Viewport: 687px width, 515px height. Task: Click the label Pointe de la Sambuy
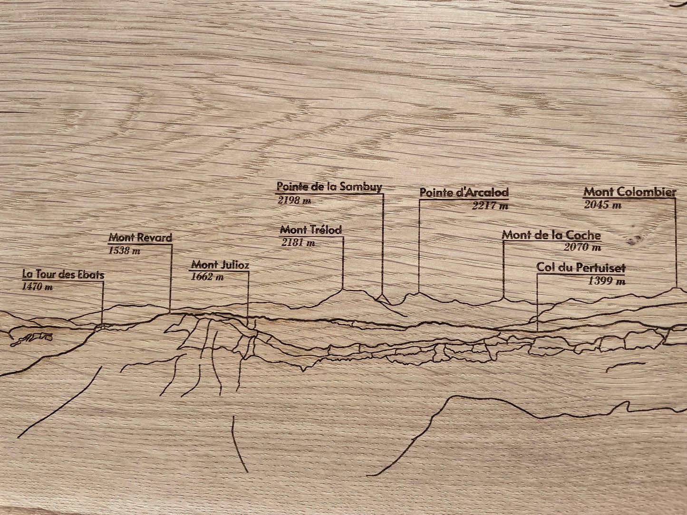(329, 187)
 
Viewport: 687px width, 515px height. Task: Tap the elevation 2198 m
(294, 200)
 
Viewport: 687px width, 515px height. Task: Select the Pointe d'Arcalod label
(464, 192)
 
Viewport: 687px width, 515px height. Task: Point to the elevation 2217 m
(490, 205)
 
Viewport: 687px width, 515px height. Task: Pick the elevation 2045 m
(602, 205)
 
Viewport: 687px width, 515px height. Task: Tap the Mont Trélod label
(311, 230)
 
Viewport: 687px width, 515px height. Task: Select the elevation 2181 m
(298, 243)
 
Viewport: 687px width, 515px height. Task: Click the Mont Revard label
(140, 238)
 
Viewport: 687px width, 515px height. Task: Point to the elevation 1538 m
(125, 250)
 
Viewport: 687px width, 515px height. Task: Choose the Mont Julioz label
(220, 265)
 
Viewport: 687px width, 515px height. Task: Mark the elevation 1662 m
(207, 277)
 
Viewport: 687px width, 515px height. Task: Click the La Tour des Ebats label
(63, 275)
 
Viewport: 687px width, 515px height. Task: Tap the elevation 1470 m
(37, 287)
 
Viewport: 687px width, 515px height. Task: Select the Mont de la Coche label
(552, 235)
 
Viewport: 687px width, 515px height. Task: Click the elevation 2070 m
(582, 248)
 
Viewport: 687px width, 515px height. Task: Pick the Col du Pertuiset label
(581, 267)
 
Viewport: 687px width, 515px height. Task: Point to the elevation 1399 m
(607, 281)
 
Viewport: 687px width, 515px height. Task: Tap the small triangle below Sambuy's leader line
(382, 299)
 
